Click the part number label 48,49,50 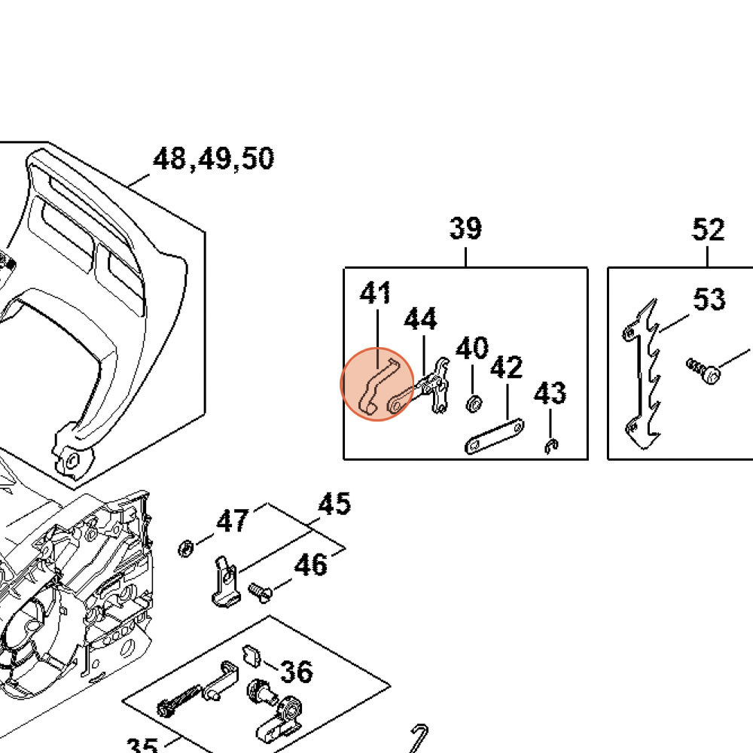point(213,160)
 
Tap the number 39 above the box point(465,228)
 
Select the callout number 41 point(376,293)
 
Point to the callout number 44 point(420,319)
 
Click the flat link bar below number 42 point(494,436)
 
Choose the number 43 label point(550,393)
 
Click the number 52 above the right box point(708,230)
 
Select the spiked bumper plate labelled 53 point(642,376)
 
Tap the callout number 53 point(709,300)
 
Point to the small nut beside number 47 point(184,547)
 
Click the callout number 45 point(334,504)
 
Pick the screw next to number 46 point(261,590)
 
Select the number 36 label point(295,671)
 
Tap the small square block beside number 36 point(252,655)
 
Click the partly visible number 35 point(142,745)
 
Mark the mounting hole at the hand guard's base point(72,460)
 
